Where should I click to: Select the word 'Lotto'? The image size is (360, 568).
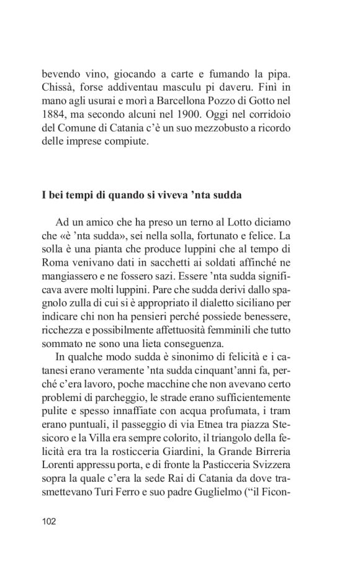tap(261, 222)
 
